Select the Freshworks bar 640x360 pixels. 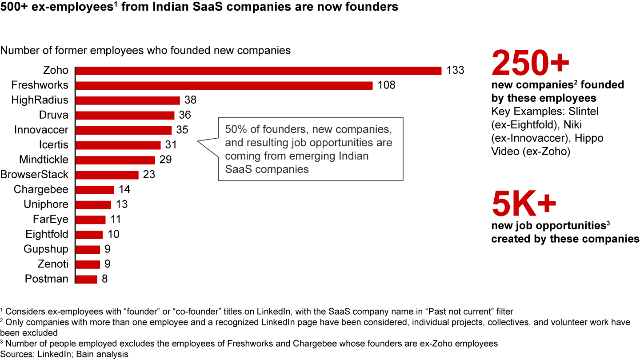pos(224,85)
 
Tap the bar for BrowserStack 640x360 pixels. pos(108,175)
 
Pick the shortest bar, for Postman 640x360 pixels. pos(87,279)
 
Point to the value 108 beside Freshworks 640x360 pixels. pos(386,85)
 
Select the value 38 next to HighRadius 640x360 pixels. pos(190,100)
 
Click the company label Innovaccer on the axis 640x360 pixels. pos(41,130)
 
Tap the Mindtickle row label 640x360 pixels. pos(44,160)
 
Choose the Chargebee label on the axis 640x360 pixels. pos(41,189)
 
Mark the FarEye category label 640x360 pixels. pos(51,219)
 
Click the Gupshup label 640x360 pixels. pos(46,249)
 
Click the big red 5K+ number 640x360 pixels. pos(524,203)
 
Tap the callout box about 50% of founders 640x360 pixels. pos(310,149)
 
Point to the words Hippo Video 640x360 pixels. pos(547,144)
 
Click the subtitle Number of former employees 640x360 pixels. pos(145,50)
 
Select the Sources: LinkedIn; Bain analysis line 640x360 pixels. pos(64,354)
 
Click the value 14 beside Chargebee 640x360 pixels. pos(124,189)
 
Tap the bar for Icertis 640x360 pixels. pos(118,145)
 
